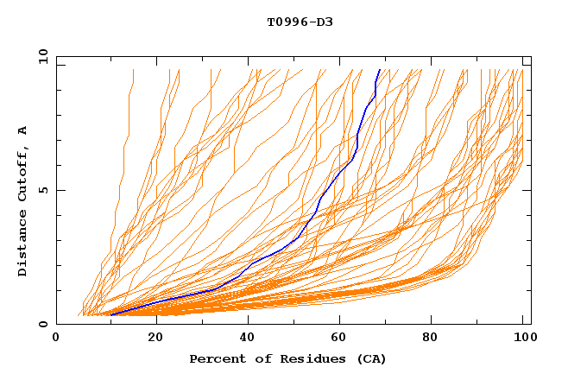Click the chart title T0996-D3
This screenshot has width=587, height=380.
coord(300,22)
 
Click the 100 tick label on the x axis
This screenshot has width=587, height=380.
coord(523,339)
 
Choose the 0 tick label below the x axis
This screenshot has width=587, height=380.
coord(57,339)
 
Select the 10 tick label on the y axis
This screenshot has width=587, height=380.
coord(41,56)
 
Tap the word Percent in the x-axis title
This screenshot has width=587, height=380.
coord(214,359)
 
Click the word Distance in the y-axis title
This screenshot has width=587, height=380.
coord(23,244)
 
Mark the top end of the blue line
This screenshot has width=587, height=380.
coord(380,69)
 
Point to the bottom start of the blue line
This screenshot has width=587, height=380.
coord(110,314)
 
